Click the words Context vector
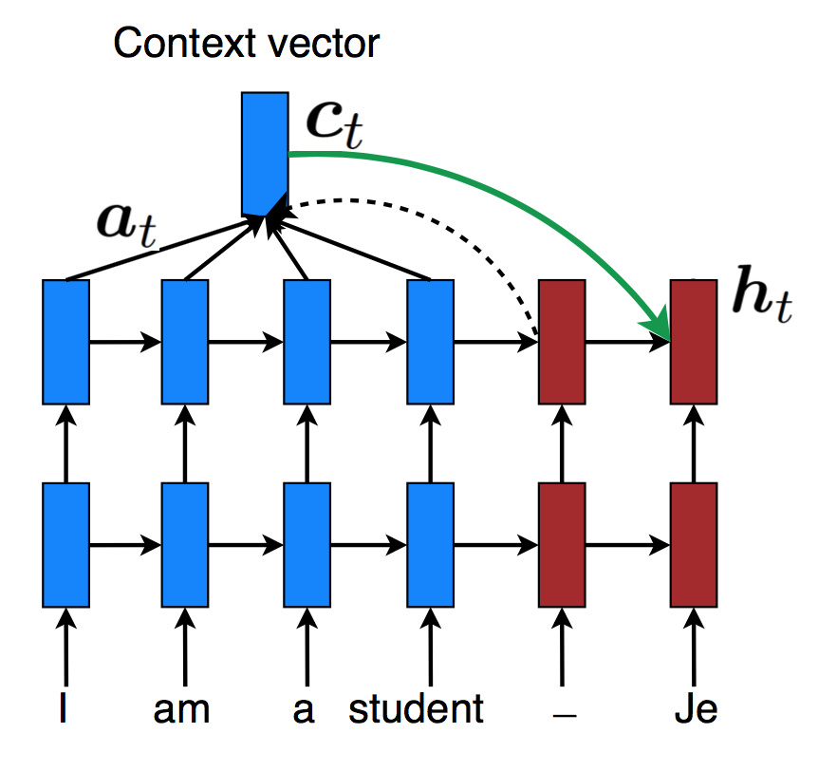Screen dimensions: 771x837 coord(247,43)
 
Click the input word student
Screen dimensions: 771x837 coord(416,709)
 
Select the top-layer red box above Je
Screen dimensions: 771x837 coord(694,341)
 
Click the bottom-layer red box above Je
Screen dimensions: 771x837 coord(694,545)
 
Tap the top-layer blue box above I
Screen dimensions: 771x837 coord(65,341)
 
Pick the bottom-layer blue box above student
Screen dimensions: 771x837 coord(431,545)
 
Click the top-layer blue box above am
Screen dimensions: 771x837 coord(185,341)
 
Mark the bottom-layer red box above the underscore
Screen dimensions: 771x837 coord(562,545)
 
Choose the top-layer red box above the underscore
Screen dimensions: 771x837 coord(562,341)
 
